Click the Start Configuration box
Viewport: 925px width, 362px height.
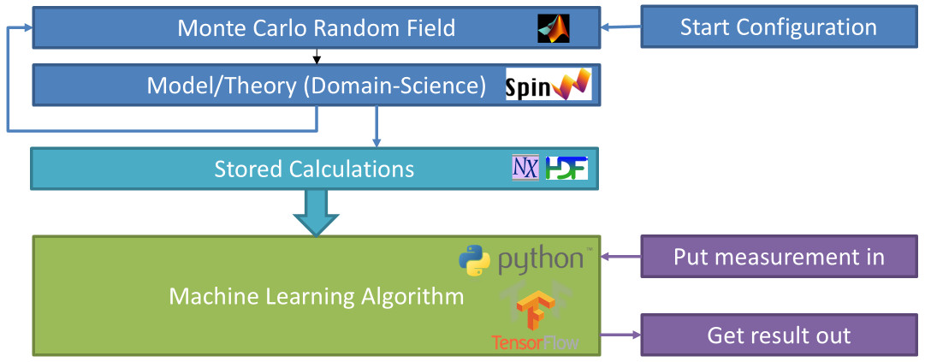click(x=778, y=27)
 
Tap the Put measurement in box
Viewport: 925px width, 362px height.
click(x=778, y=257)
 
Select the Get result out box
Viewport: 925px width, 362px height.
click(x=778, y=335)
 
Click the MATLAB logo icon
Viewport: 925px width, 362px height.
click(x=553, y=28)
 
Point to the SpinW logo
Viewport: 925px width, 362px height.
click(x=548, y=85)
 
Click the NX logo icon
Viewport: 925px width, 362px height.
click(x=525, y=168)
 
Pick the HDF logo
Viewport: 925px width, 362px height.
click(x=566, y=168)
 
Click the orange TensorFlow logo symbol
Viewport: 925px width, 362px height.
click(x=534, y=311)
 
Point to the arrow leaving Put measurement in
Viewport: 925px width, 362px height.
click(x=620, y=256)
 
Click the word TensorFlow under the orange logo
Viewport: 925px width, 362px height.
click(x=535, y=342)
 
